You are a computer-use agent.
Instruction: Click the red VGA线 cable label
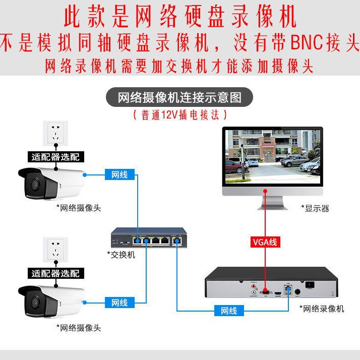point(265,242)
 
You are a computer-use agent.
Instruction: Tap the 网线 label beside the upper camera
point(119,174)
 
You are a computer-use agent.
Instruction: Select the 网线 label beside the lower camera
point(119,303)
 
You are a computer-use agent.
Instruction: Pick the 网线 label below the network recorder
point(229,311)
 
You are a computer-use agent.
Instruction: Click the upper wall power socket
point(55,133)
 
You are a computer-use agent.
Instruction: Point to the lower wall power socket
point(55,250)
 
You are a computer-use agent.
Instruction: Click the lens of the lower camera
point(35,302)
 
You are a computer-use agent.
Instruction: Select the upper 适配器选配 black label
point(56,157)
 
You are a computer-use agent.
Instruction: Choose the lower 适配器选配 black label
point(56,273)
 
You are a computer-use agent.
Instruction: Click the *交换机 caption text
point(121,255)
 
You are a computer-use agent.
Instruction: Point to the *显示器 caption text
point(315,208)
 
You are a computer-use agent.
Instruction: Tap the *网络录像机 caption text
point(322,309)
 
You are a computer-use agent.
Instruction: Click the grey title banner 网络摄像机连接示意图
point(179,97)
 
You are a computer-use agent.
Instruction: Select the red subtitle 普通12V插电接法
point(180,115)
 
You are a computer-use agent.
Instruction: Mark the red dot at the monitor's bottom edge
point(265,191)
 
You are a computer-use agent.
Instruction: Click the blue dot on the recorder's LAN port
point(288,288)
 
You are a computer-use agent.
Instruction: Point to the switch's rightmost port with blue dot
point(177,241)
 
